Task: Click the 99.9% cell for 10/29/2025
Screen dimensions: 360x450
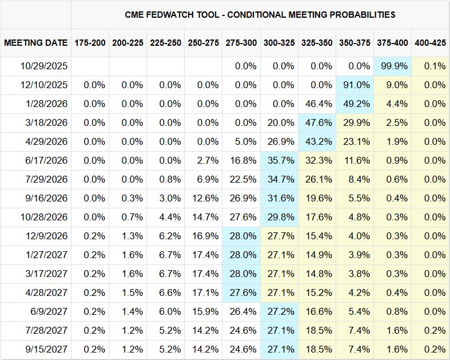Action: click(x=393, y=66)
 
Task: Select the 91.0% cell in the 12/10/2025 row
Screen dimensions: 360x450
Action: click(x=355, y=85)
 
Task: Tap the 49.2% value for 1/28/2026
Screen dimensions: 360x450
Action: click(x=355, y=104)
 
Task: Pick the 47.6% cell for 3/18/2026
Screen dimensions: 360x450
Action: click(x=317, y=122)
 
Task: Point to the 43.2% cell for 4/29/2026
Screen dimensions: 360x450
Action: click(x=317, y=141)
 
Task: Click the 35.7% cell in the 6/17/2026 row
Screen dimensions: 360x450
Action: click(x=280, y=160)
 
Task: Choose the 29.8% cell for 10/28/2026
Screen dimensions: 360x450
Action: click(x=280, y=217)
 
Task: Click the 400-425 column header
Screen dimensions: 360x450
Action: click(x=431, y=43)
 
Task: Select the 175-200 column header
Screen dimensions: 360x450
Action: click(x=90, y=43)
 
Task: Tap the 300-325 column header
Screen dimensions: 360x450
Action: click(x=280, y=43)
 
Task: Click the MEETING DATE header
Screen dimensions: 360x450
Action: click(x=35, y=43)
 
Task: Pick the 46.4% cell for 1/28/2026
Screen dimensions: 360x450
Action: click(x=317, y=104)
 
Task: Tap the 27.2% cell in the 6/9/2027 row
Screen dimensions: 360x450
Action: click(x=280, y=311)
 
